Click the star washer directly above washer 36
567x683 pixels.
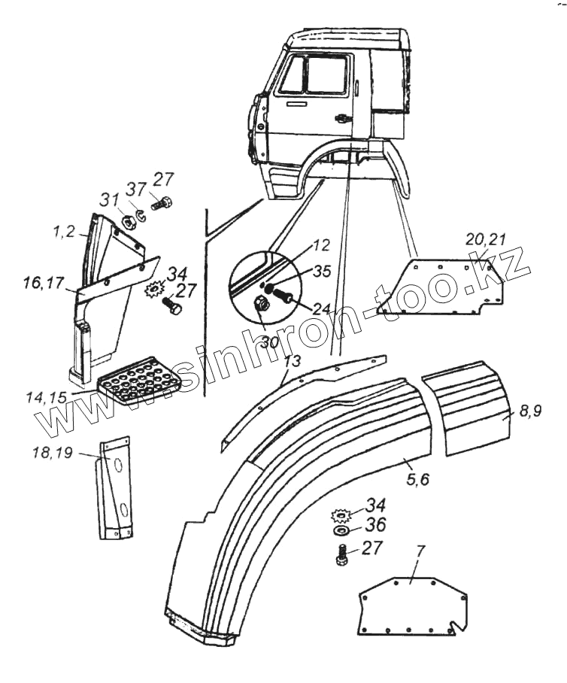click(342, 516)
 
